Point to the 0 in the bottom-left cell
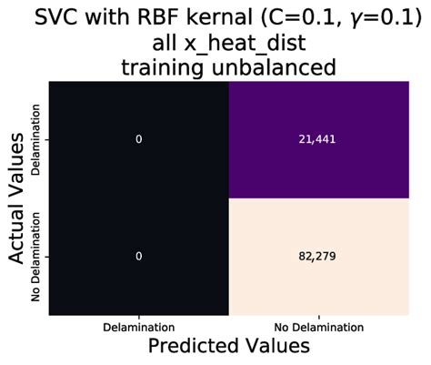coord(138,257)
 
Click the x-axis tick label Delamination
coord(138,325)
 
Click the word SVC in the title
coord(50,18)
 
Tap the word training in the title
coord(157,69)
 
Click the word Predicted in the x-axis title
coord(185,347)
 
